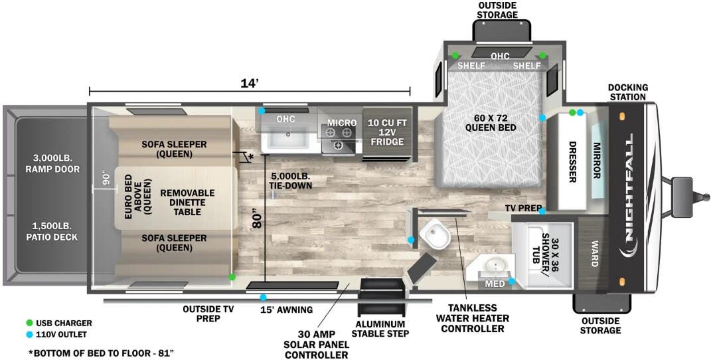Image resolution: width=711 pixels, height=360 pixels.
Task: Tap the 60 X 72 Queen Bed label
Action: click(x=491, y=122)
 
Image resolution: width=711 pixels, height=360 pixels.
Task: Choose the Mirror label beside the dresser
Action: click(x=597, y=161)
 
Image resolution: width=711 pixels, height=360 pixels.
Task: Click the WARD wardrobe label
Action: click(x=594, y=254)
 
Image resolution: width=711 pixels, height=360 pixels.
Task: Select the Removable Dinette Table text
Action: click(x=187, y=202)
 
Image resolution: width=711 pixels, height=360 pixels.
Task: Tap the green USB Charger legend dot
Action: click(x=29, y=323)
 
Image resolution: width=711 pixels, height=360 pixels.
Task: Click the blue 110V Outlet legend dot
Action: click(x=29, y=335)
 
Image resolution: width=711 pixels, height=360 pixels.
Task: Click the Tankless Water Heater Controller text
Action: click(x=473, y=318)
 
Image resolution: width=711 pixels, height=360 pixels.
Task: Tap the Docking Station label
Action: click(x=628, y=92)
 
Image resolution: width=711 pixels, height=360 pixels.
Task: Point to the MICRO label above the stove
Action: click(x=342, y=122)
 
